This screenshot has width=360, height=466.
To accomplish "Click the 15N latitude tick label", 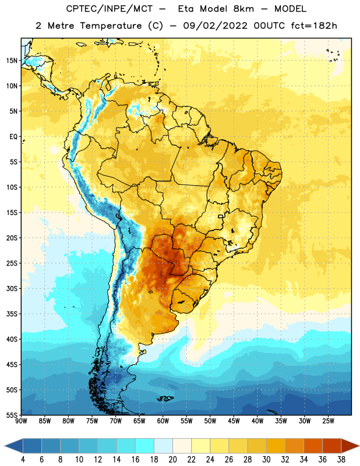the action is pyautogui.click(x=12, y=61).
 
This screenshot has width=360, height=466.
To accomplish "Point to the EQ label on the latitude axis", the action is pyautogui.click(x=13, y=137).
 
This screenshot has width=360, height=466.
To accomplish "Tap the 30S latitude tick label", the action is pyautogui.click(x=12, y=288).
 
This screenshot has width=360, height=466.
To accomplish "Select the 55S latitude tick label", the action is pyautogui.click(x=12, y=415).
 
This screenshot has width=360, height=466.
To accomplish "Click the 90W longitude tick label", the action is pyautogui.click(x=21, y=421).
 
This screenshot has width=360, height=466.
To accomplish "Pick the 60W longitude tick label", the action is pyautogui.click(x=163, y=421).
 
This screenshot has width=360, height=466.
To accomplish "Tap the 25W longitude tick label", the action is pyautogui.click(x=328, y=421).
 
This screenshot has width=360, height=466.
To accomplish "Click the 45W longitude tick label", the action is pyautogui.click(x=234, y=421).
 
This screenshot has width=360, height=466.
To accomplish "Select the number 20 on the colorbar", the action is pyautogui.click(x=172, y=460).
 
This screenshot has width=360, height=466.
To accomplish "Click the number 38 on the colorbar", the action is pyautogui.click(x=341, y=460).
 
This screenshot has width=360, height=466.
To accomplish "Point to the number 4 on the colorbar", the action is pyautogui.click(x=23, y=460).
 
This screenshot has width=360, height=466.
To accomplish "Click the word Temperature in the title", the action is pyautogui.click(x=111, y=26).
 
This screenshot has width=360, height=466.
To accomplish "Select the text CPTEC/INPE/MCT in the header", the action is pyautogui.click(x=110, y=9).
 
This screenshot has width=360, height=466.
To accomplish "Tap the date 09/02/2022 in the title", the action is pyautogui.click(x=215, y=26).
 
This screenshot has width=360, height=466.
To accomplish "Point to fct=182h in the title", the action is pyautogui.click(x=314, y=26).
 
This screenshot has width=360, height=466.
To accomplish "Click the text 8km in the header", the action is pyautogui.click(x=243, y=9).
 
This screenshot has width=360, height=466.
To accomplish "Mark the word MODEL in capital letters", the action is pyautogui.click(x=291, y=9).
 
